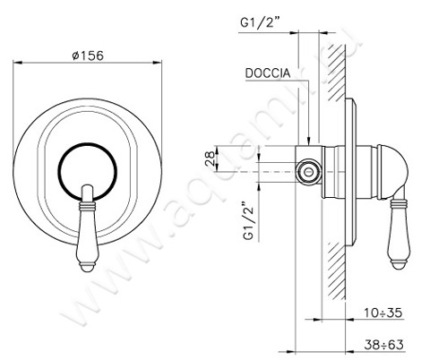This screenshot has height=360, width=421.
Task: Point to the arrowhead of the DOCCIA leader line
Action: [310, 141]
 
